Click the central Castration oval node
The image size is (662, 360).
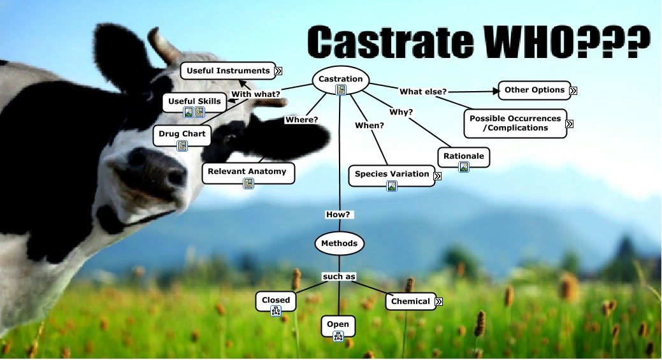pyautogui.click(x=340, y=80)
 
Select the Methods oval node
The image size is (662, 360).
pyautogui.click(x=339, y=243)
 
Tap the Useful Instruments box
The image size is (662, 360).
pyautogui.click(x=228, y=71)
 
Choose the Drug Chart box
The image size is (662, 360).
pyautogui.click(x=182, y=136)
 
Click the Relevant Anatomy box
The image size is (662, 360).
pyautogui.click(x=248, y=173)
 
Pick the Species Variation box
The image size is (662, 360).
pyautogui.click(x=392, y=176)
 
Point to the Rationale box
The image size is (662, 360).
pyautogui.click(x=464, y=157)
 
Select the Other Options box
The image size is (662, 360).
pyautogui.click(x=535, y=90)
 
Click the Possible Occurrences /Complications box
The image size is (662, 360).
pyautogui.click(x=515, y=124)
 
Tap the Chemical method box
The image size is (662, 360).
pyautogui.click(x=410, y=301)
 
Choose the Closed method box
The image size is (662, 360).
pyautogui.click(x=276, y=302)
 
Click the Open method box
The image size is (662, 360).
pyautogui.click(x=338, y=326)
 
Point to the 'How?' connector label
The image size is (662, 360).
pyautogui.click(x=338, y=214)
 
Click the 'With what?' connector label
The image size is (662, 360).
pyautogui.click(x=256, y=94)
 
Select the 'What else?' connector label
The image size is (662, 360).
pyautogui.click(x=423, y=92)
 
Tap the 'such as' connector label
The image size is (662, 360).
pyautogui.click(x=339, y=277)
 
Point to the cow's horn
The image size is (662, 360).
pyautogui.click(x=165, y=46)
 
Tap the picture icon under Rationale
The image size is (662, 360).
pyautogui.click(x=464, y=167)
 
